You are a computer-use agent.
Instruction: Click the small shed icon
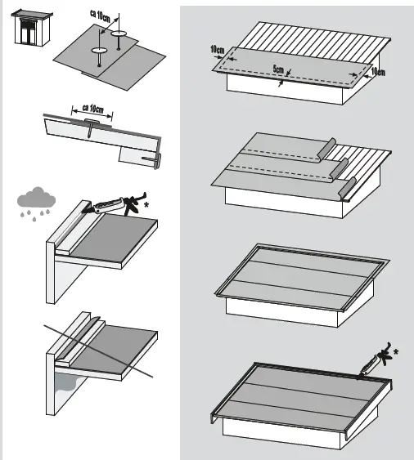coord(32,28)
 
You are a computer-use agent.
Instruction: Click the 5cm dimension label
coord(278,69)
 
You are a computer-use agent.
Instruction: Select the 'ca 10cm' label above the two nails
coord(100,16)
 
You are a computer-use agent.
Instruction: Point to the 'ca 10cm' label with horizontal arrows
coord(92,108)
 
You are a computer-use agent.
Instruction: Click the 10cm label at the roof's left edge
coord(218,50)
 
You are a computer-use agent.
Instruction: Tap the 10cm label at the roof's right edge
coord(378,72)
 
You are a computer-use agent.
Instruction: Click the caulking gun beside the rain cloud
coord(115,204)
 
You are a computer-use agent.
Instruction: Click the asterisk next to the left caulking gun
coord(146,205)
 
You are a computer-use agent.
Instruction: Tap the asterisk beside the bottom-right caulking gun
coord(396,351)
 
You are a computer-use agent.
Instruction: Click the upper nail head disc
coord(119,33)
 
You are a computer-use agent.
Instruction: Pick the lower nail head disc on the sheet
coord(100,51)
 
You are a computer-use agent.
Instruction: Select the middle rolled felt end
coord(340,170)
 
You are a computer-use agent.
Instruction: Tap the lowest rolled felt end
coord(347,189)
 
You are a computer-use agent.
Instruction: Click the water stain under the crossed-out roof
coord(67,383)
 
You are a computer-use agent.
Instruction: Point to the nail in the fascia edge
coord(151,159)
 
